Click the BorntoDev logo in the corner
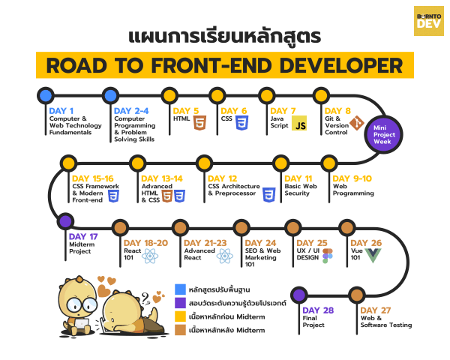tap(429, 21)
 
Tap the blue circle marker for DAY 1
tap(46, 95)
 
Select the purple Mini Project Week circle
tap(384, 134)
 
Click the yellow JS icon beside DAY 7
tap(299, 123)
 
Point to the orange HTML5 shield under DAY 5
tap(199, 122)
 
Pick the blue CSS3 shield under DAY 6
tap(242, 122)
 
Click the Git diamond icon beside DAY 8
tap(357, 123)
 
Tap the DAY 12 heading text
tap(223, 178)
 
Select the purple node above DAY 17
tap(66, 221)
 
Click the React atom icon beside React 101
tap(150, 256)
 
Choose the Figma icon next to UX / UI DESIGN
tap(328, 256)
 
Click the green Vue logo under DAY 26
tap(373, 256)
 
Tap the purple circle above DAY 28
tap(299, 295)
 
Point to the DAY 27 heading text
tap(376, 310)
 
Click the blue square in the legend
tap(180, 289)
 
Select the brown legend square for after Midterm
tap(180, 330)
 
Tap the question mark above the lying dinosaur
tap(145, 298)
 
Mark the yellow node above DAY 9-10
tap(329, 163)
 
